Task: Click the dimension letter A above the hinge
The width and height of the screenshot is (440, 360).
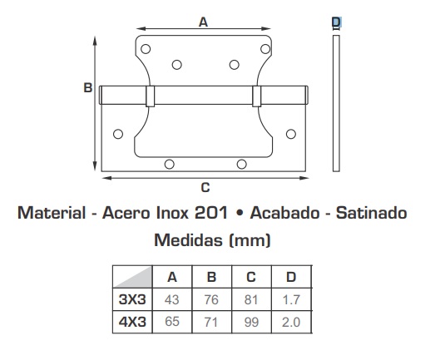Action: pyautogui.click(x=203, y=22)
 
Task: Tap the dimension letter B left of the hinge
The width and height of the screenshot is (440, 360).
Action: pyautogui.click(x=88, y=88)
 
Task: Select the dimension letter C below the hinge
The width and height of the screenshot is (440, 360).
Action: pyautogui.click(x=205, y=187)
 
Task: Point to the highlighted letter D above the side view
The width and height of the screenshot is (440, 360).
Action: pyautogui.click(x=336, y=22)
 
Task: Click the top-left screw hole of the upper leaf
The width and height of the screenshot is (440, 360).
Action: pyautogui.click(x=146, y=49)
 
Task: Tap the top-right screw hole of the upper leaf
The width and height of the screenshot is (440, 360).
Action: pyautogui.click(x=265, y=49)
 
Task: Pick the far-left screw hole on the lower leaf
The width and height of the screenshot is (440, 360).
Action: pyautogui.click(x=118, y=134)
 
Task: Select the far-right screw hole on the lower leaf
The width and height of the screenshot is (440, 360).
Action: pyautogui.click(x=291, y=134)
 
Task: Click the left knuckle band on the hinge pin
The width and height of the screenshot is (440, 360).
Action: pyautogui.click(x=150, y=96)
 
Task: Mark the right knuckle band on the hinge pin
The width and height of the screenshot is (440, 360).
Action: pyautogui.click(x=256, y=96)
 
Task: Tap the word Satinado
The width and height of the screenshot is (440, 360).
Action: pyautogui.click(x=372, y=213)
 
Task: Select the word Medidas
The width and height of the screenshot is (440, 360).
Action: pyautogui.click(x=190, y=240)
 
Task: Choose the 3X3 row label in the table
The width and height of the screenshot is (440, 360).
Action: pyautogui.click(x=132, y=299)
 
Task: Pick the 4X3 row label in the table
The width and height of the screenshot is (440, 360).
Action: pyautogui.click(x=132, y=322)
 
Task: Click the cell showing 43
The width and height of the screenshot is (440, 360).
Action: pyautogui.click(x=171, y=299)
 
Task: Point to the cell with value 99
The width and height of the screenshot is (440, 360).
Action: pyautogui.click(x=251, y=322)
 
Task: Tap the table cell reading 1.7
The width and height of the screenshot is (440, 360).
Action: pyautogui.click(x=291, y=299)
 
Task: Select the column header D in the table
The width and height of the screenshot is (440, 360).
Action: pyautogui.click(x=291, y=277)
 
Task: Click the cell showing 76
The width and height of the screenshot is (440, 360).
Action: pyautogui.click(x=211, y=299)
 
